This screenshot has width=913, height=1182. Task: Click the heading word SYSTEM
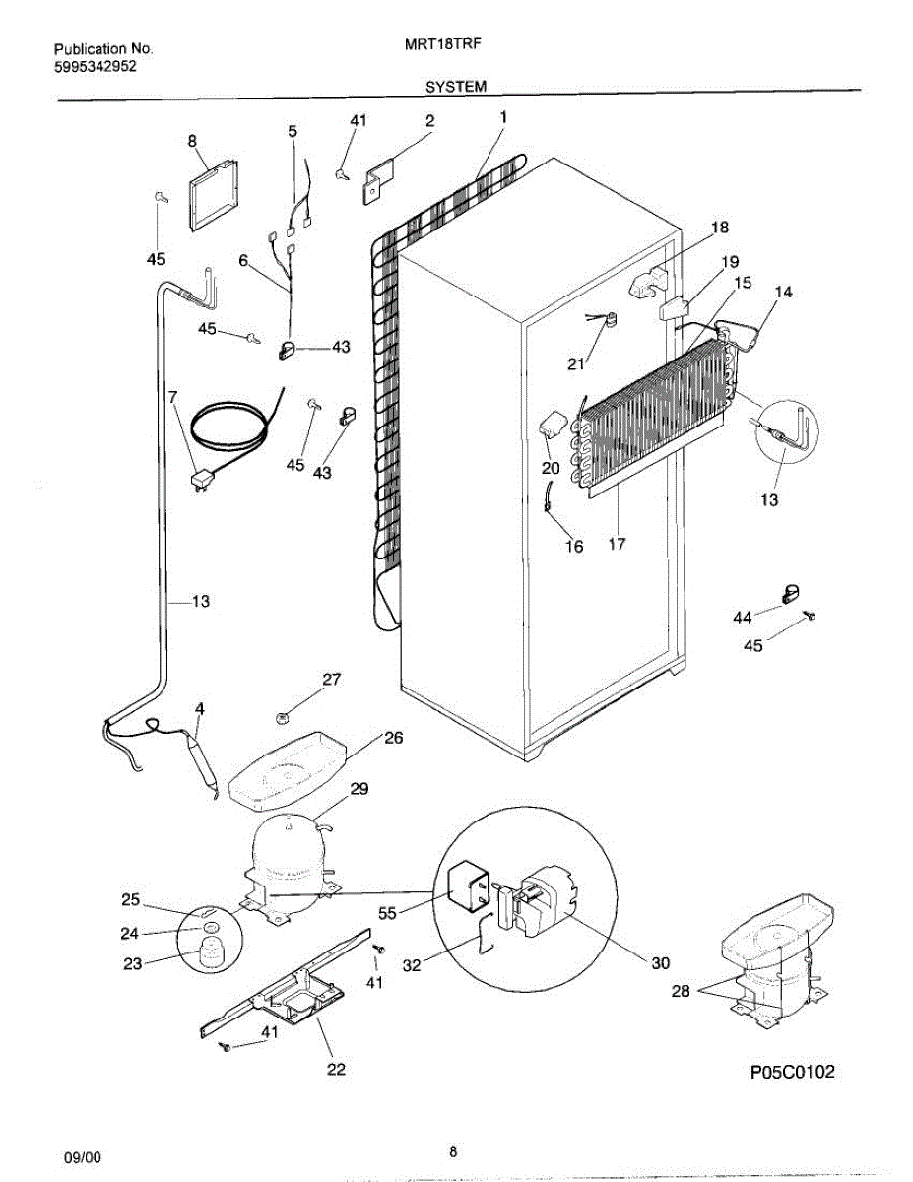click(455, 87)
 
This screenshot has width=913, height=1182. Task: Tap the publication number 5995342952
click(95, 66)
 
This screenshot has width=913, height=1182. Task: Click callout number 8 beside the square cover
click(192, 141)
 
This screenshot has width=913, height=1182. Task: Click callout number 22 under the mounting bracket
click(337, 1069)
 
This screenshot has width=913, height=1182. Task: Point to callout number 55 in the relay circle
click(387, 912)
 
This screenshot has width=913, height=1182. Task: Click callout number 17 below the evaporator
click(618, 543)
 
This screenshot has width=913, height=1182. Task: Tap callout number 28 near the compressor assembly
click(680, 992)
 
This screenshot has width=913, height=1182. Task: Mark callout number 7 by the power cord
click(173, 397)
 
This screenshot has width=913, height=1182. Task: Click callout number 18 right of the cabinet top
click(720, 228)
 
